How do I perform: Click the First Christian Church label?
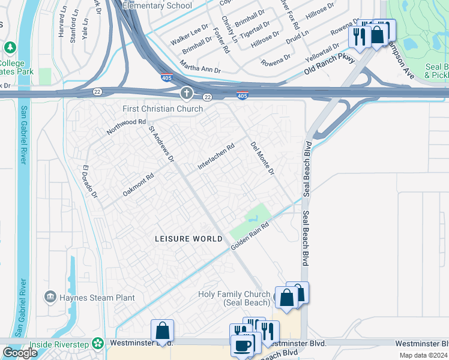163,109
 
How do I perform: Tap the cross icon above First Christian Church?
187,93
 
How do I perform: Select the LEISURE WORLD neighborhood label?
189,239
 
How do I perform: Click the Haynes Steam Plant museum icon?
50,297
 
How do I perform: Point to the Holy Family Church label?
234,298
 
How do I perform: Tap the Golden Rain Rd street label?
249,232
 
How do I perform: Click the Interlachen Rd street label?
216,157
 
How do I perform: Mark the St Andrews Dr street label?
161,144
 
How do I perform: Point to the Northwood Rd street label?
126,126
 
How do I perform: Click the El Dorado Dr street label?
90,182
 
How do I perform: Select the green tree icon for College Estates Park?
10,47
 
